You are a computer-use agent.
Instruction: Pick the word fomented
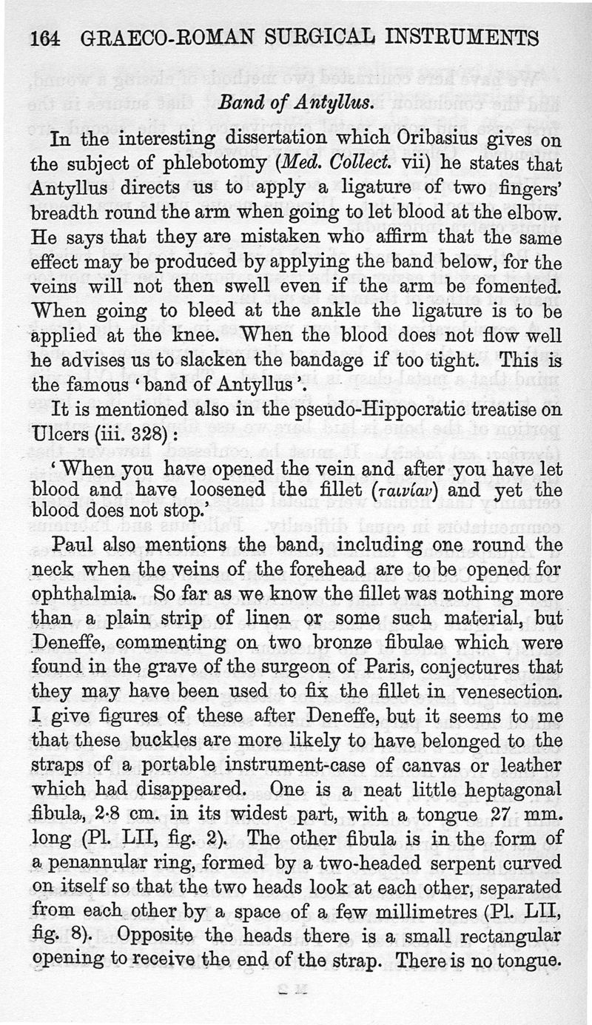point(517,285)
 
